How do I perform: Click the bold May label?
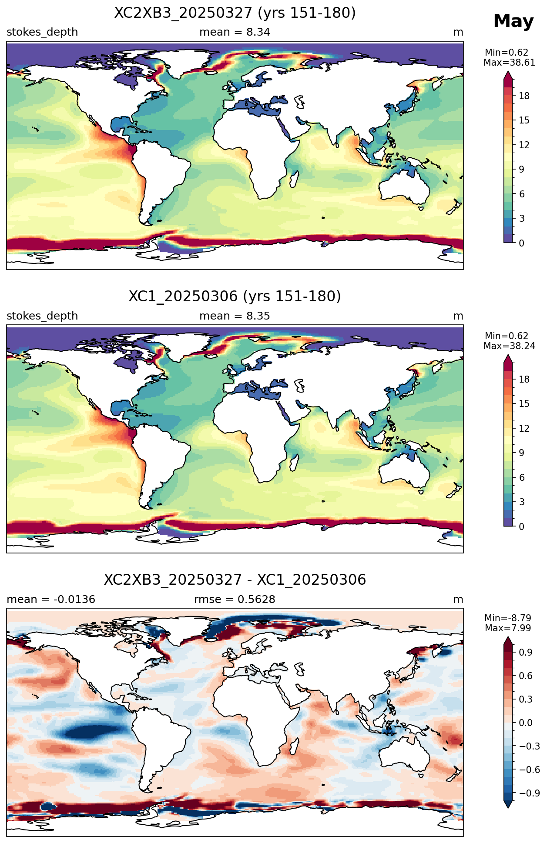[x=513, y=21]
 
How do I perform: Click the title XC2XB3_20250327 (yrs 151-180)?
[x=235, y=13]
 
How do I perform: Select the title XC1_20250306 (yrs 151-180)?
[x=235, y=297]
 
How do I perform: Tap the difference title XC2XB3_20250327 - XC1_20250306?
[x=235, y=580]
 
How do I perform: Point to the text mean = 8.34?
[x=235, y=32]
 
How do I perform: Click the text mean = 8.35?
[x=235, y=316]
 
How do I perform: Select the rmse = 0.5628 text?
[x=235, y=600]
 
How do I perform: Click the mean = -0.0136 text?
[x=51, y=600]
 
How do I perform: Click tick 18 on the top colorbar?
[x=524, y=96]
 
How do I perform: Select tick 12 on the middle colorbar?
[x=524, y=429]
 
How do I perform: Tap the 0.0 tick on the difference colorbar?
[x=526, y=723]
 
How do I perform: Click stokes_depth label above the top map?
[x=42, y=32]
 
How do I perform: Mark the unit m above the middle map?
[x=458, y=316]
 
